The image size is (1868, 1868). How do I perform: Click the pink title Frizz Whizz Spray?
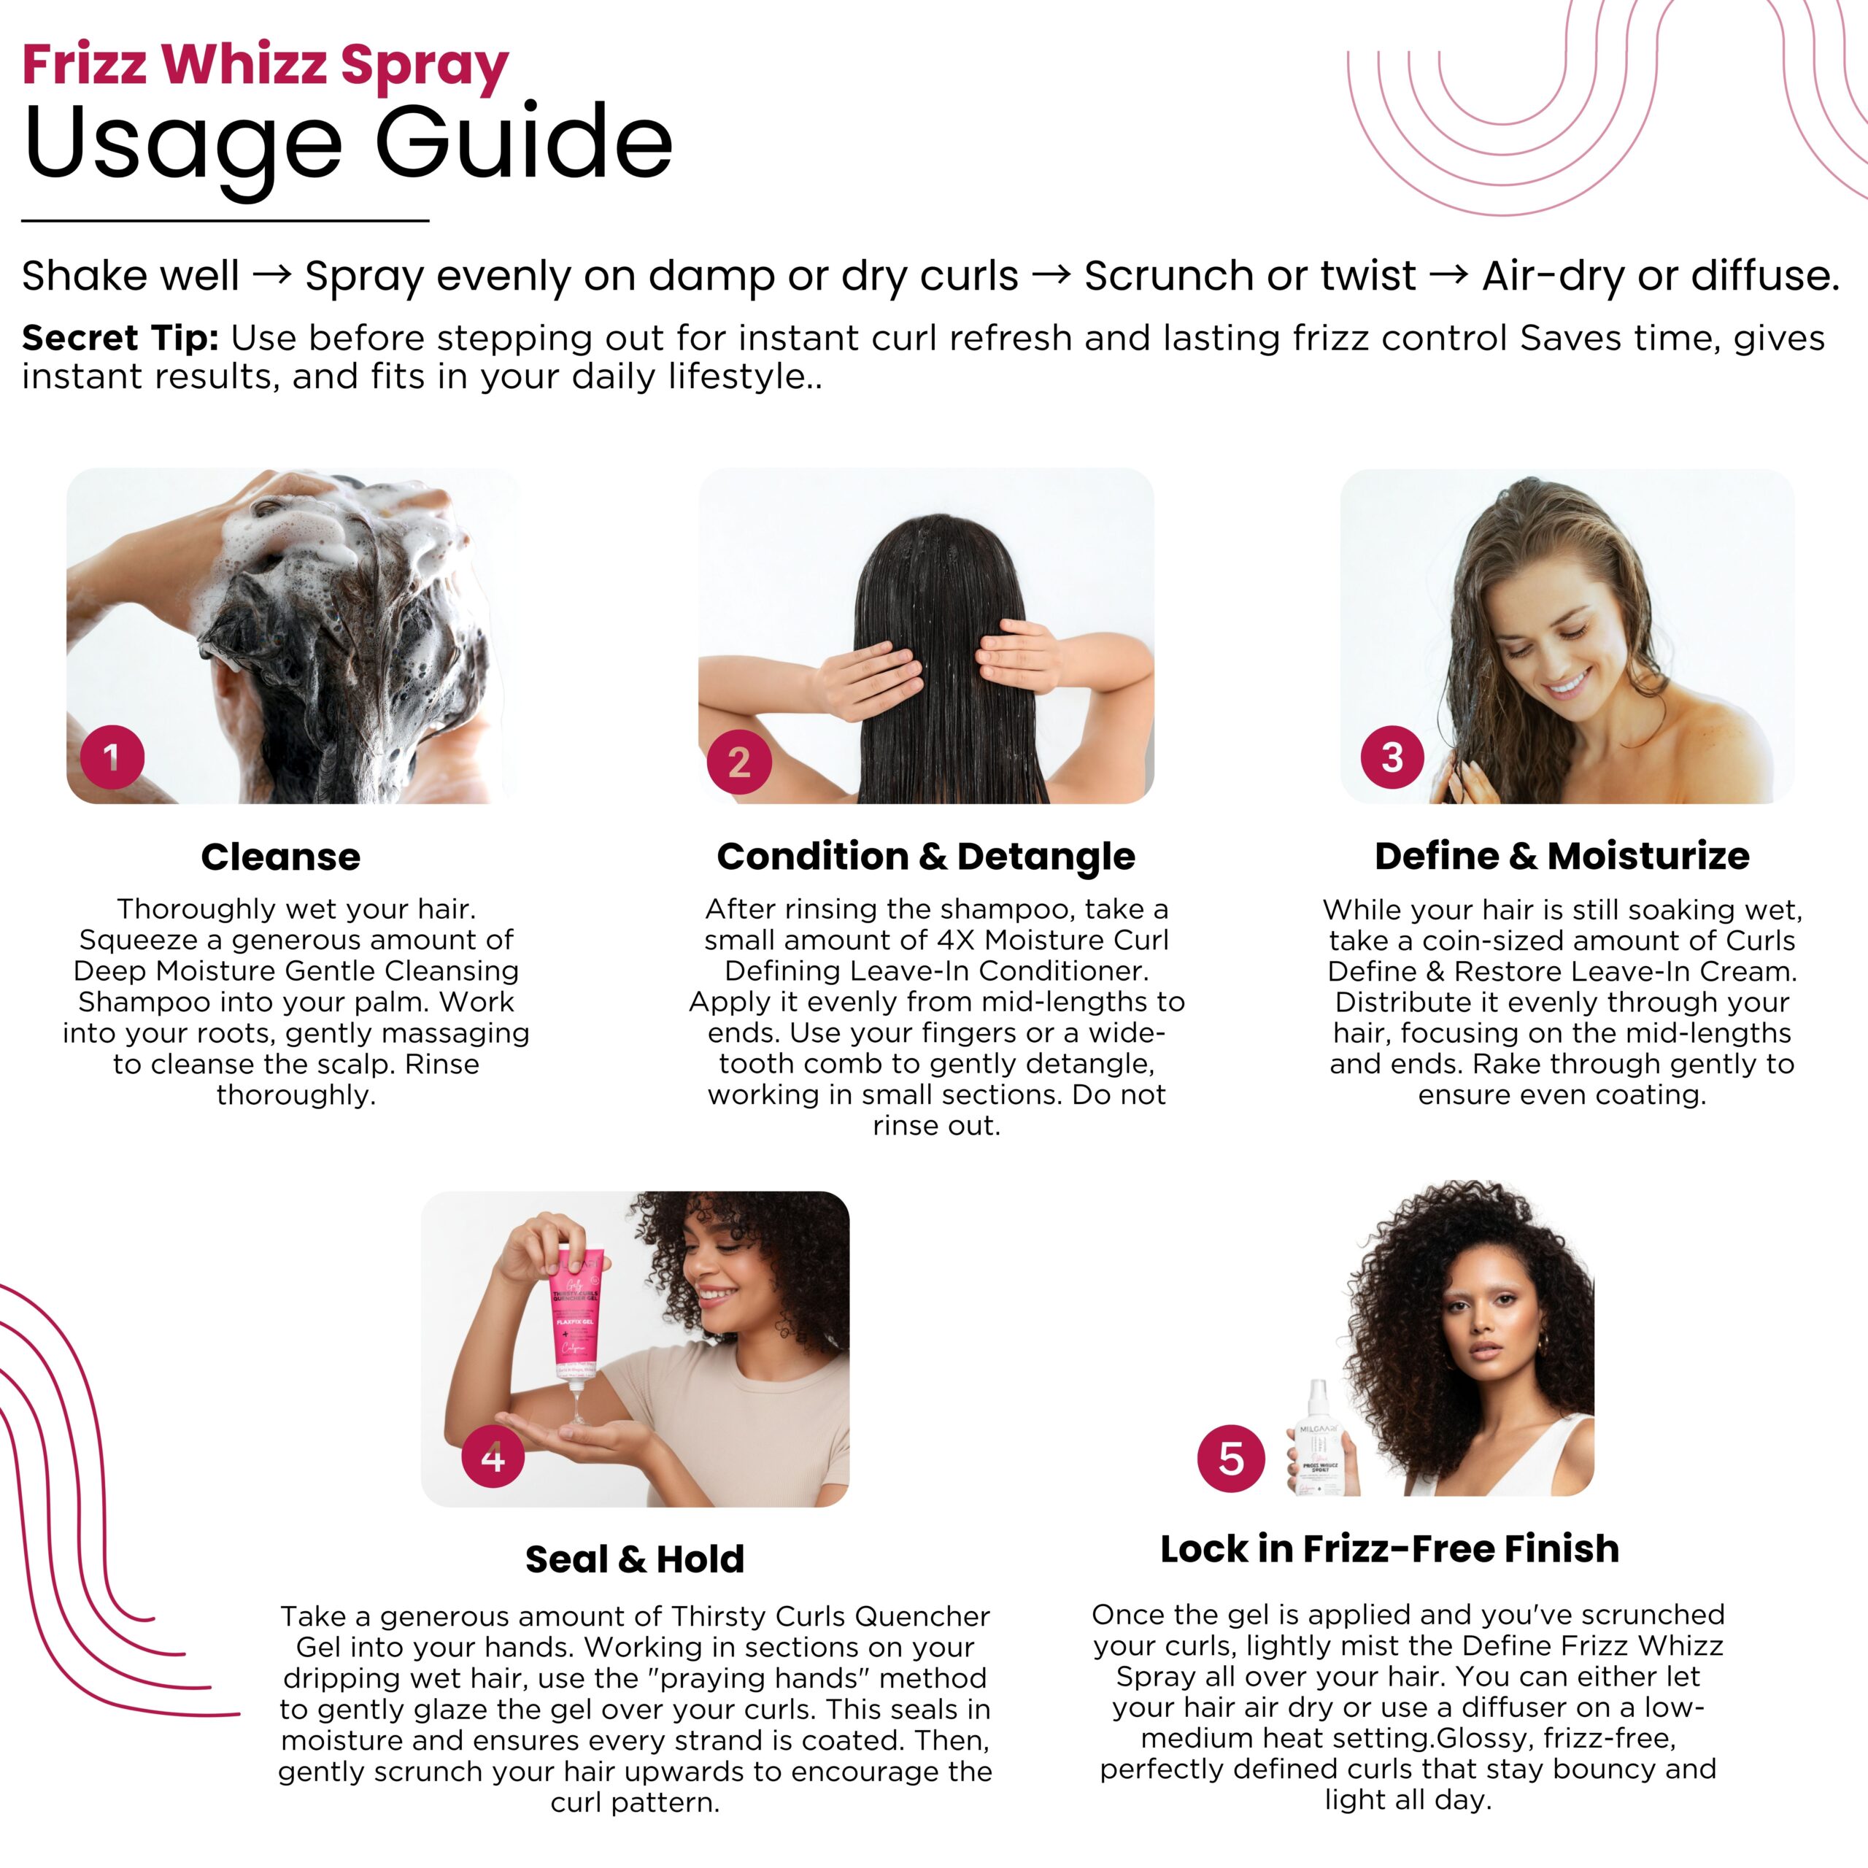coord(265,66)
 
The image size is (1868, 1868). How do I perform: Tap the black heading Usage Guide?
coord(348,143)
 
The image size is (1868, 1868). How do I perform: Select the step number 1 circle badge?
coord(112,757)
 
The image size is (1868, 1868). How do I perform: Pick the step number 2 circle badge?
coord(738,762)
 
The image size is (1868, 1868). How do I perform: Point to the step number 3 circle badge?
coord(1392,757)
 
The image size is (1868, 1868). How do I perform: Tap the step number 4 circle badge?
coord(493,1457)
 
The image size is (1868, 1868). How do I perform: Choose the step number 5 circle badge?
coord(1231,1458)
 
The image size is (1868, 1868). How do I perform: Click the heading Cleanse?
coord(280,857)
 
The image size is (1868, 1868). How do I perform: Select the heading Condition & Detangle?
coord(926,857)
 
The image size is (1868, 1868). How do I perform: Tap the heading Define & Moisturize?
coord(1562,857)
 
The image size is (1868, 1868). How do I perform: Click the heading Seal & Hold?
coord(634,1559)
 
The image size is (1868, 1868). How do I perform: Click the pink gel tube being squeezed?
coord(577,1315)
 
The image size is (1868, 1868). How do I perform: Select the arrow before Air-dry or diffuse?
coord(1448,276)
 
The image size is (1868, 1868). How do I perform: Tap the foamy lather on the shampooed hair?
coord(290,541)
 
